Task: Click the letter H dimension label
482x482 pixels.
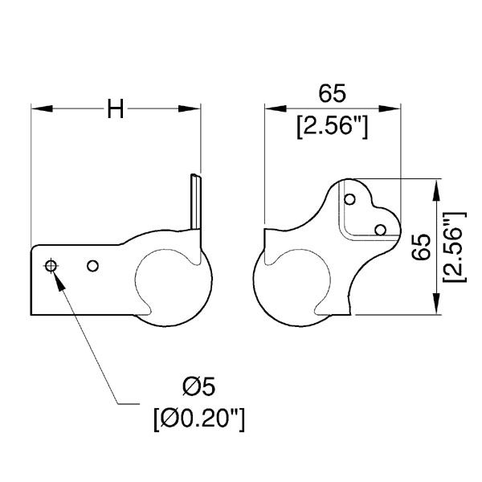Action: click(116, 108)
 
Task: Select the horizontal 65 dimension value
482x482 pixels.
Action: click(332, 93)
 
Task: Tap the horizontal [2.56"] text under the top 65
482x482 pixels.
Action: click(333, 127)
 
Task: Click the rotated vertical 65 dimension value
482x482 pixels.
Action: click(421, 247)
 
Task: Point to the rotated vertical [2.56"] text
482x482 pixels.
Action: click(455, 247)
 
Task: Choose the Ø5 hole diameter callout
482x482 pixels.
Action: click(199, 386)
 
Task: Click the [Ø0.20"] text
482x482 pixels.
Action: click(199, 419)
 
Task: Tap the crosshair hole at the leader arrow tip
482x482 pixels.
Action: click(51, 266)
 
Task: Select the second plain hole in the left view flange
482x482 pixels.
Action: click(92, 266)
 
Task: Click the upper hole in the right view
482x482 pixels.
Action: click(349, 199)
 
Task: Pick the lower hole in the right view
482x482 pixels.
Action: click(381, 230)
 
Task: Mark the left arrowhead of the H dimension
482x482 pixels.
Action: click(42, 108)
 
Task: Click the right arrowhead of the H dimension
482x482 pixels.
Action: click(190, 108)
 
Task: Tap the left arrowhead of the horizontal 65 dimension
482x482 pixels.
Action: click(276, 108)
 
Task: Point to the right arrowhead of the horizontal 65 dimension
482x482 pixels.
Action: click(390, 108)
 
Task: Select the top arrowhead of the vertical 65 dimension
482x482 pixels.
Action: click(436, 190)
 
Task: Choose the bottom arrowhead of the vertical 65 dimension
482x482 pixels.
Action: click(436, 304)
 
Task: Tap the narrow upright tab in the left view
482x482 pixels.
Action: click(196, 202)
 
